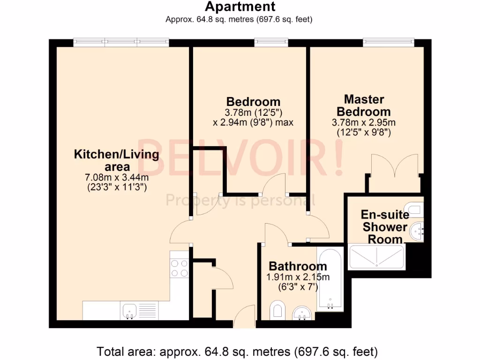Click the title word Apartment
click(240, 7)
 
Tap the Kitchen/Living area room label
click(117, 160)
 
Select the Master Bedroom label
click(364, 105)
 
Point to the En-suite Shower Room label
click(384, 227)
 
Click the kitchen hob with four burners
click(179, 268)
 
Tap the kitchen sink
click(129, 310)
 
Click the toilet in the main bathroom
click(278, 310)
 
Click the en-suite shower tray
click(376, 257)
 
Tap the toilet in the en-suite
click(415, 207)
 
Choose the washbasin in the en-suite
click(417, 231)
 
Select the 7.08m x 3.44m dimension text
click(117, 177)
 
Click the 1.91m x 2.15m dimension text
click(298, 277)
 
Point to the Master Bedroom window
click(389, 43)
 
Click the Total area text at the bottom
click(237, 351)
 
